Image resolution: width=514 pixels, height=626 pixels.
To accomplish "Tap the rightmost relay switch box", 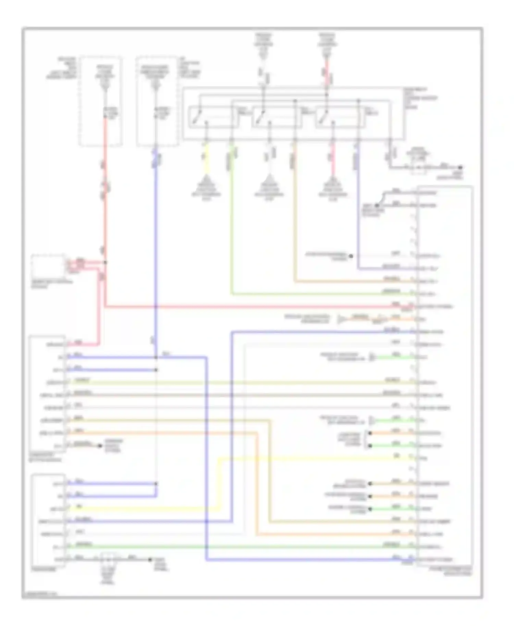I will (x=339, y=117).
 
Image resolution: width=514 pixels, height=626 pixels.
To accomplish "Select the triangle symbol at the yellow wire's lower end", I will (x=206, y=180).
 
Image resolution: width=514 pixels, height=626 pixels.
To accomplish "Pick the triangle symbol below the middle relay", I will (x=269, y=180).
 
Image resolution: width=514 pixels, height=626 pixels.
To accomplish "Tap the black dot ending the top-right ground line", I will (x=461, y=167).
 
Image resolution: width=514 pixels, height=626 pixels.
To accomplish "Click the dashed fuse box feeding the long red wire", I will (x=101, y=101).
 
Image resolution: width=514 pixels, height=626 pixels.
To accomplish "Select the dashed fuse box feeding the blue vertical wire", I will (x=157, y=101).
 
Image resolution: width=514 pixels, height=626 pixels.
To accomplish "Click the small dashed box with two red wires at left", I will (x=48, y=266).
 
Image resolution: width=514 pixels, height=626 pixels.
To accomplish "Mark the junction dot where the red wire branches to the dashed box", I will (x=105, y=263).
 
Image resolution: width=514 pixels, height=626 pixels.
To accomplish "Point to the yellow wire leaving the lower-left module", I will (x=144, y=509).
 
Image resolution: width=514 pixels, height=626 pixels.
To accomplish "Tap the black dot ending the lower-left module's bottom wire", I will (x=150, y=560).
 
